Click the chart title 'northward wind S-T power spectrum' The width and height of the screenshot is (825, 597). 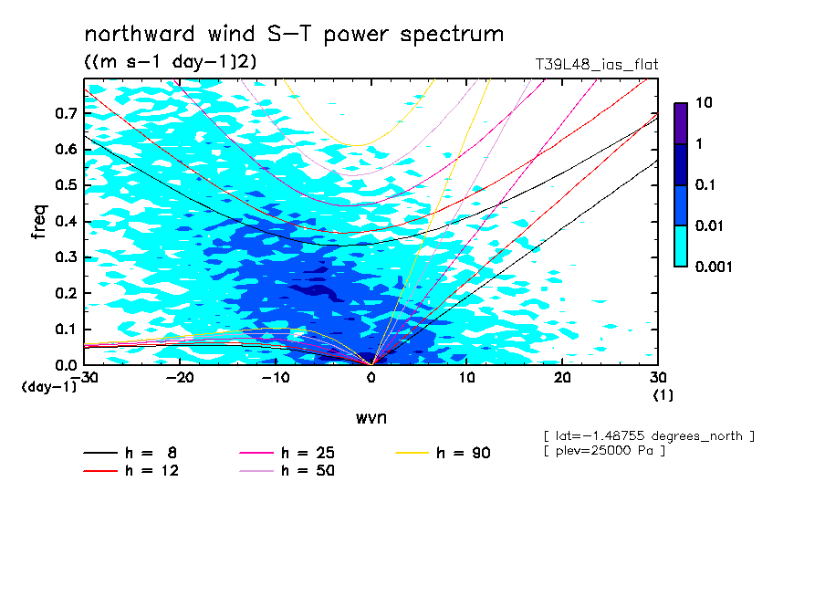(x=294, y=35)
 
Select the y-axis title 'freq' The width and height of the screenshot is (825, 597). (x=39, y=223)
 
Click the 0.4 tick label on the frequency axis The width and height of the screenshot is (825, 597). (x=66, y=222)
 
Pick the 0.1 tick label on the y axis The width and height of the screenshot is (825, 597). (x=66, y=330)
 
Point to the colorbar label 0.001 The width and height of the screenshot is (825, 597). (x=714, y=267)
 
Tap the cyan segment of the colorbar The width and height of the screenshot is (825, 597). (x=681, y=246)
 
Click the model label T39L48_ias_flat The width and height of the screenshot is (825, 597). (x=596, y=64)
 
